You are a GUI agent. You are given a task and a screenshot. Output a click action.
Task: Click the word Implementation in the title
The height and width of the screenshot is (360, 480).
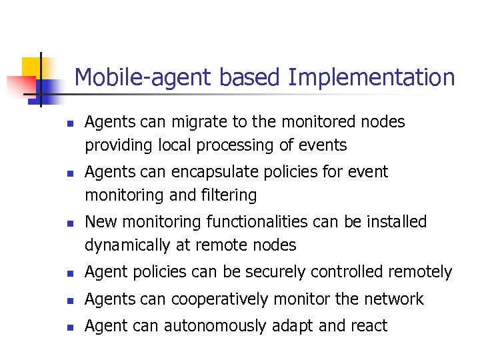pos(371,78)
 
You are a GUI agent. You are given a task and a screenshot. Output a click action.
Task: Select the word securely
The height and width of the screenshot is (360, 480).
pos(291,272)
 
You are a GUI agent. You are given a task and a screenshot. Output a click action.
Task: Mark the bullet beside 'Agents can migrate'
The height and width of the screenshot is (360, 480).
pos(69,123)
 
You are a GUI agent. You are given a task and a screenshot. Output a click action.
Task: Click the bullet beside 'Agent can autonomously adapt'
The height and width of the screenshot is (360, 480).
pos(69,327)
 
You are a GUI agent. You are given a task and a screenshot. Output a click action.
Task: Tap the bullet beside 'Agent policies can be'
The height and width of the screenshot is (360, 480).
pos(69,273)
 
